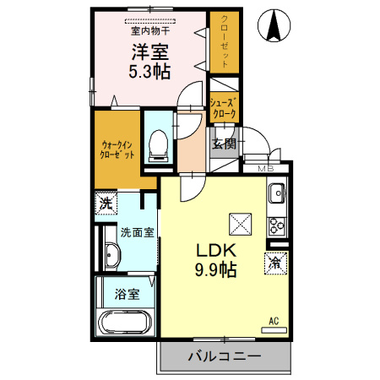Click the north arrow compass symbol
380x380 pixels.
point(274,25)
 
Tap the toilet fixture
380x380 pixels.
point(159,146)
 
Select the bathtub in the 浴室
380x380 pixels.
point(126,323)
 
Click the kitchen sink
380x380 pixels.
point(277,193)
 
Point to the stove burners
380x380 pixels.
point(277,226)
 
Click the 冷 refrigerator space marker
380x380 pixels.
point(275,263)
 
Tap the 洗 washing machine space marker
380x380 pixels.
point(106,203)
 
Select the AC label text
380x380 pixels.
point(274,321)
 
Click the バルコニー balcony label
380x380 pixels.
point(225,356)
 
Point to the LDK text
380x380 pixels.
point(216,250)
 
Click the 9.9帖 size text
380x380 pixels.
point(215,269)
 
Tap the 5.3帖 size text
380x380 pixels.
point(149,71)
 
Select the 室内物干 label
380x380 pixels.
point(150,30)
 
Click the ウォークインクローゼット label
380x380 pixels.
point(117,150)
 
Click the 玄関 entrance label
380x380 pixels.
point(224,144)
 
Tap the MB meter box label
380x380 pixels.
point(266,169)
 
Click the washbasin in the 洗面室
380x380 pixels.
point(112,255)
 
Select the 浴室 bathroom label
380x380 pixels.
point(128,294)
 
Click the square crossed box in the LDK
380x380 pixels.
point(240,224)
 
